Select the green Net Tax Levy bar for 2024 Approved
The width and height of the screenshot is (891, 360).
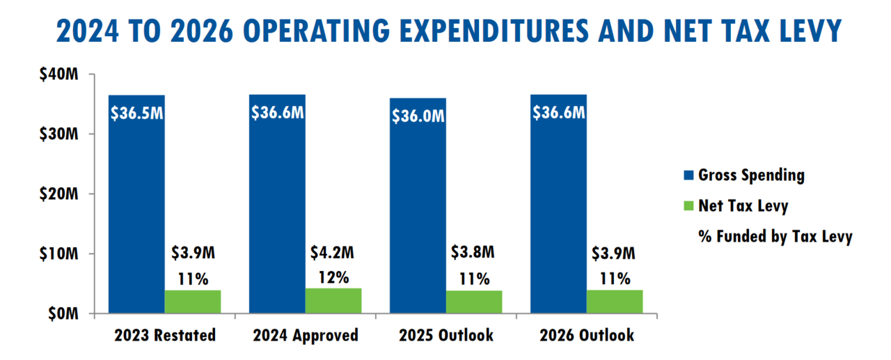[x=333, y=300]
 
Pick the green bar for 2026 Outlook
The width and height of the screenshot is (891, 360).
[x=615, y=302]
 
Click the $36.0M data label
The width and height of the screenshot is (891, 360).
[x=418, y=116]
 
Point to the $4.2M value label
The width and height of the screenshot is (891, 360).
[x=333, y=251]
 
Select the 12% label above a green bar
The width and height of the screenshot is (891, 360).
[x=333, y=277]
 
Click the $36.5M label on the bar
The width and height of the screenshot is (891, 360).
[x=136, y=112]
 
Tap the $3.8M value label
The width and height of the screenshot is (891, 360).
[x=474, y=251]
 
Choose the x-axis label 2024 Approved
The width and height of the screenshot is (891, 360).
[x=305, y=335]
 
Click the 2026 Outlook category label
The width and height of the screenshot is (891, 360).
[x=587, y=335]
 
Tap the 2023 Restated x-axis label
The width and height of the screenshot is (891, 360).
[x=164, y=335]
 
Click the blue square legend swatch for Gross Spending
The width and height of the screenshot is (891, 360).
[x=689, y=175]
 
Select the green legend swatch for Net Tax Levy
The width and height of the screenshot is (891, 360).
[x=689, y=206]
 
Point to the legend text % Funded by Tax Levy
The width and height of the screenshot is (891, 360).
[x=775, y=237]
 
